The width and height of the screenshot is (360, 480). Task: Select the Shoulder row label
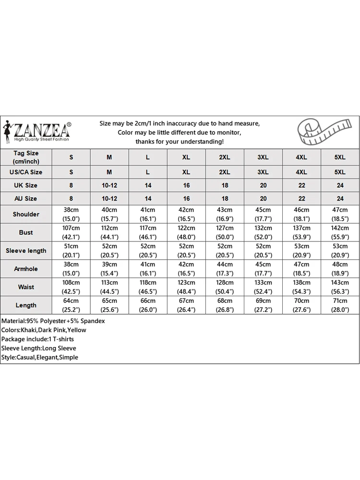click(x=26, y=214)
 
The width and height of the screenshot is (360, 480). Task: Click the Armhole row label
click(x=26, y=269)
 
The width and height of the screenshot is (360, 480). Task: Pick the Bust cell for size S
click(x=72, y=232)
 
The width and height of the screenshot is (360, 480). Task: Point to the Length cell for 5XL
click(x=340, y=305)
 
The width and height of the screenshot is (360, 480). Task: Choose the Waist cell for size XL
click(x=186, y=287)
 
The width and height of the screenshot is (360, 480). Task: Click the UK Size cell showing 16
click(x=186, y=185)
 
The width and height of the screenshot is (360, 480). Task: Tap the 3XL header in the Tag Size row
click(x=263, y=157)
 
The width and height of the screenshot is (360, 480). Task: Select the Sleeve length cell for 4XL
click(x=301, y=251)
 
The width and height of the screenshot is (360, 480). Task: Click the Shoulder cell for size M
click(x=109, y=214)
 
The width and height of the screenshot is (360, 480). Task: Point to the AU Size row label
click(x=26, y=198)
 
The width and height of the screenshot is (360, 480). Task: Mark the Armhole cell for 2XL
click(x=225, y=269)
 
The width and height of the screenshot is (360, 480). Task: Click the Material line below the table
click(x=53, y=321)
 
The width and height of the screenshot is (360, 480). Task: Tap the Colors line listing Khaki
click(x=44, y=330)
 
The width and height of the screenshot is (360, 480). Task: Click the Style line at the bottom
click(x=39, y=357)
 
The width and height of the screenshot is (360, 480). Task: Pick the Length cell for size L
click(x=148, y=305)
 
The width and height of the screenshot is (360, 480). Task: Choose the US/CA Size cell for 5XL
click(x=340, y=172)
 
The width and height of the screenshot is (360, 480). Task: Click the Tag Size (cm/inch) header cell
click(x=26, y=157)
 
